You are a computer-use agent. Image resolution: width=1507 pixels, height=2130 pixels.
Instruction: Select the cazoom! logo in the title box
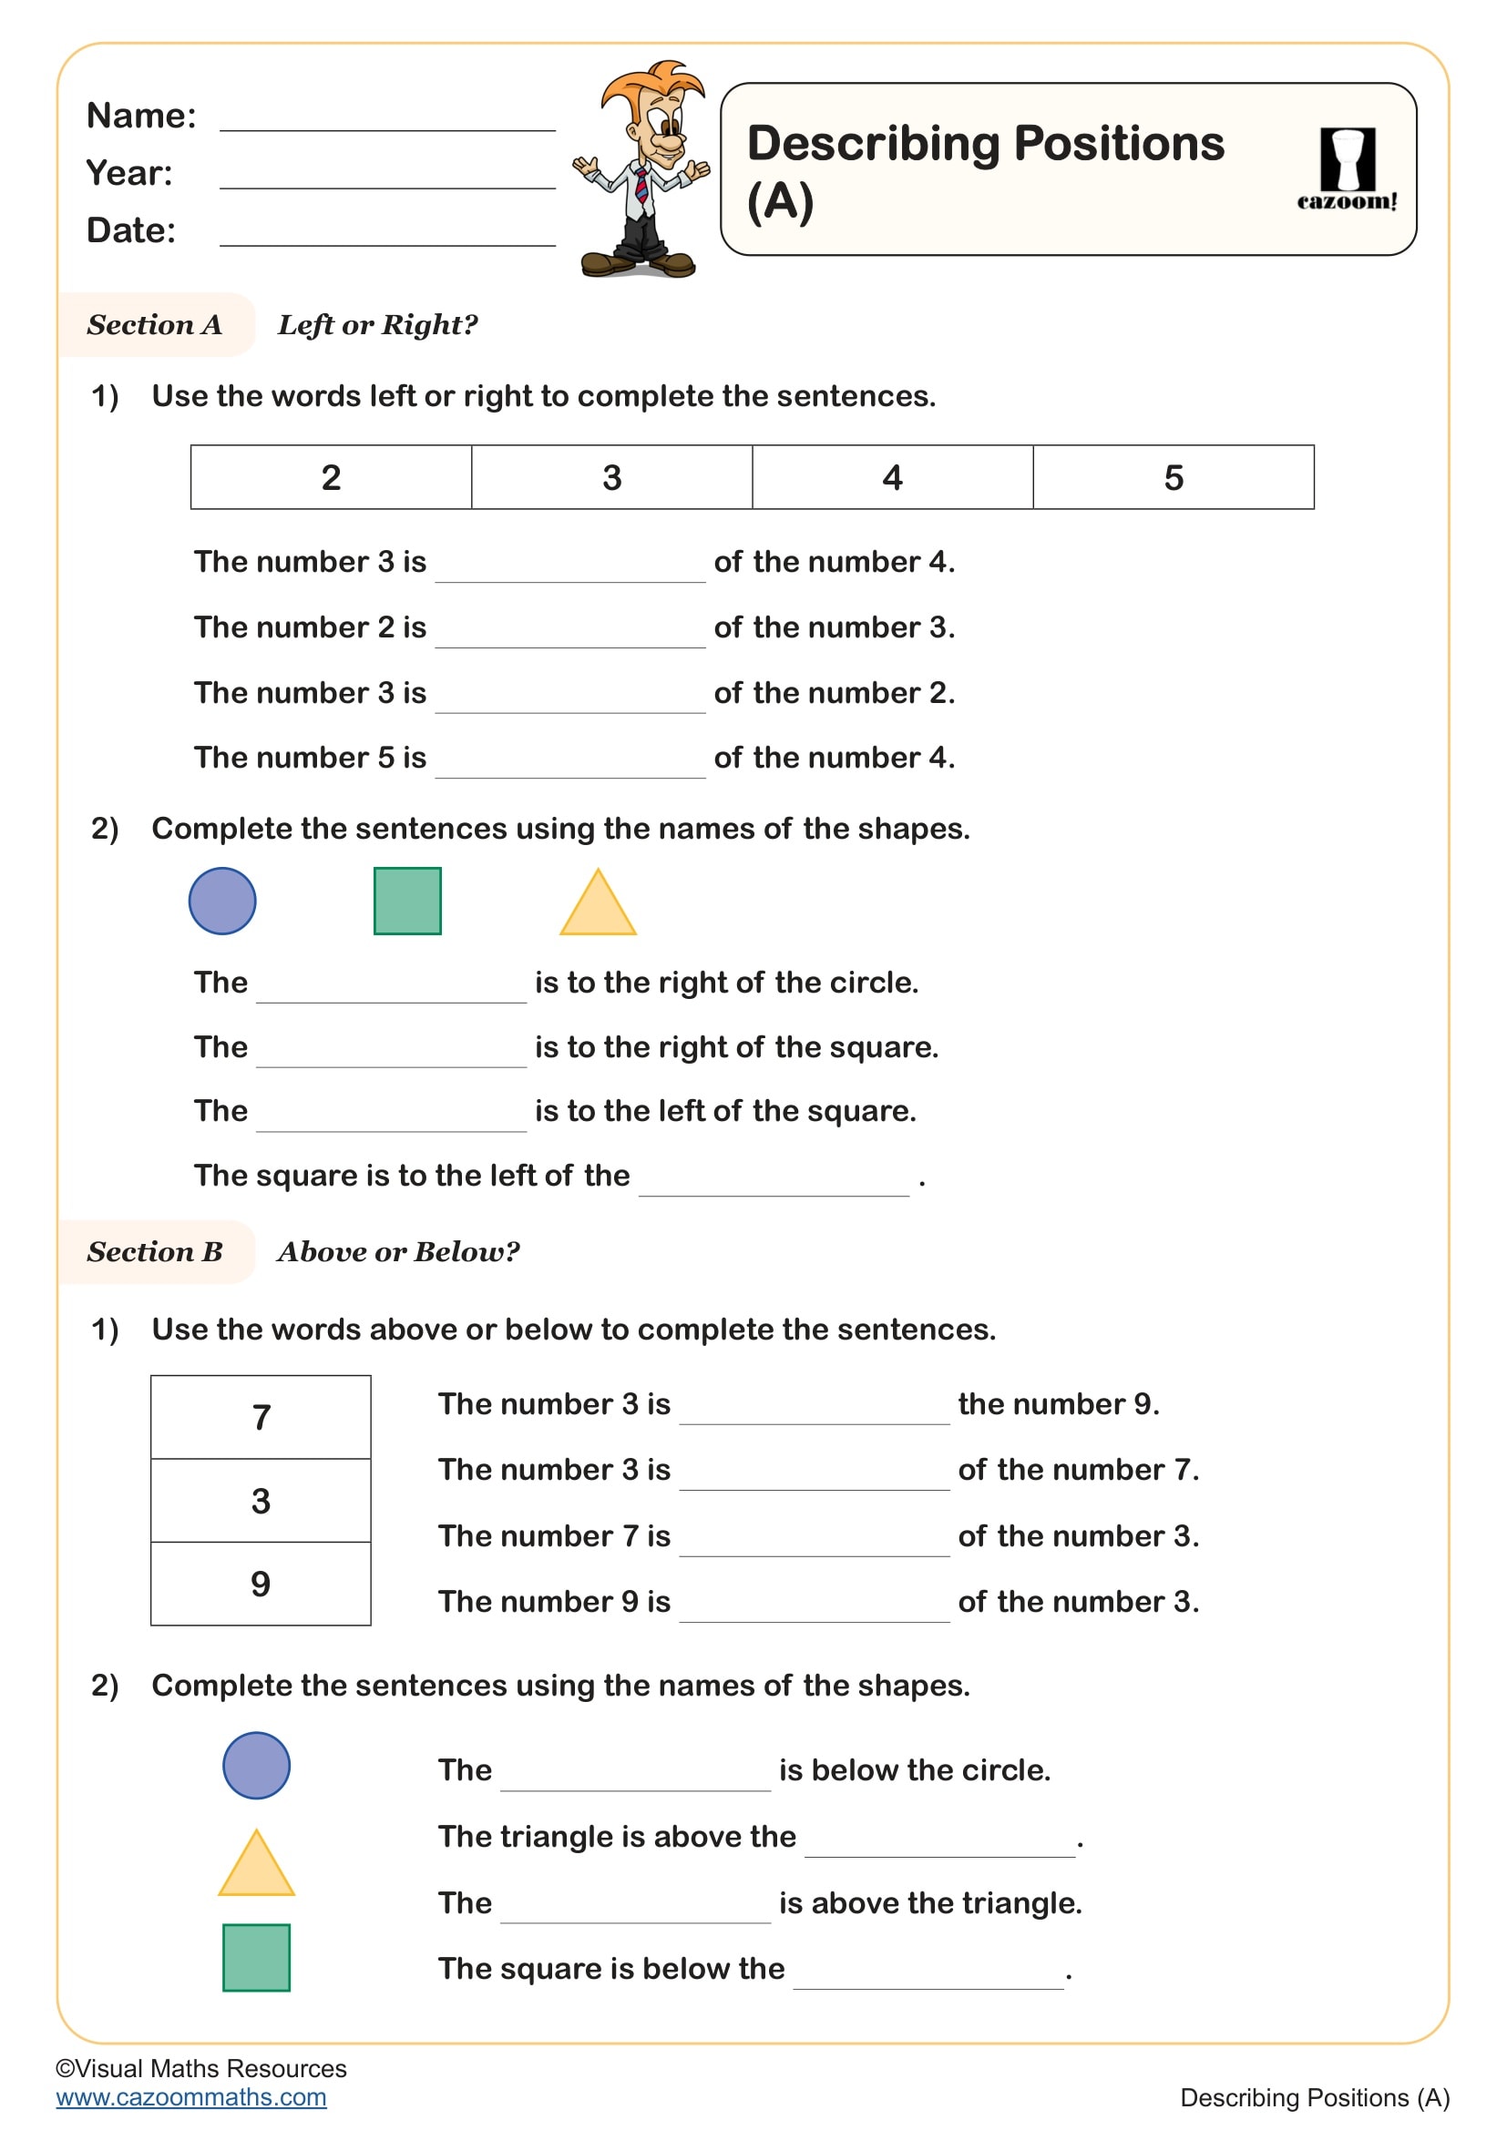pyautogui.click(x=1347, y=169)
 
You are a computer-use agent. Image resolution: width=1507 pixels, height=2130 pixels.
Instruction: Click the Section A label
pyautogui.click(x=155, y=325)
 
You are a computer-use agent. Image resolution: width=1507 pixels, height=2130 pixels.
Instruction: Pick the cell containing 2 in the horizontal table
pyautogui.click(x=332, y=478)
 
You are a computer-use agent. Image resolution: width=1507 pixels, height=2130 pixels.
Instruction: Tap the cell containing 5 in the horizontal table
pyautogui.click(x=1173, y=478)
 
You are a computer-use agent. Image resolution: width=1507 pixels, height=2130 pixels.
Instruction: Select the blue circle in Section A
pyautogui.click(x=222, y=901)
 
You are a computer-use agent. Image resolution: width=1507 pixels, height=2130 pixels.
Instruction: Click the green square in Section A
pyautogui.click(x=407, y=901)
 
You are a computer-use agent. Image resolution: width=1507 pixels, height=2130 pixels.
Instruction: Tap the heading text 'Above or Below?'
pyautogui.click(x=398, y=1252)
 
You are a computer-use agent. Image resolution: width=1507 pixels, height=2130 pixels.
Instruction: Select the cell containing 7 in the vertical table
pyautogui.click(x=261, y=1418)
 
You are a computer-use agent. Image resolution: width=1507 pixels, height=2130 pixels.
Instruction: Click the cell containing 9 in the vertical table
pyautogui.click(x=261, y=1584)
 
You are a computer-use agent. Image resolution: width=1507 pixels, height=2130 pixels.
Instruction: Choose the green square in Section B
pyautogui.click(x=256, y=1958)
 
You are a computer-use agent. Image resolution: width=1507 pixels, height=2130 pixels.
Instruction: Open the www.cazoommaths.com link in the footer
pyautogui.click(x=191, y=2097)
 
